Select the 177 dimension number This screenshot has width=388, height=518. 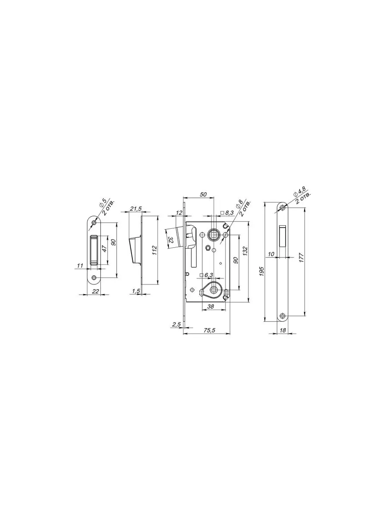(302, 257)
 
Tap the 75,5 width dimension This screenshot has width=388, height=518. (210, 330)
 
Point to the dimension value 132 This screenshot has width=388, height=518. (245, 251)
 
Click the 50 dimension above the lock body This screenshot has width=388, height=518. (203, 194)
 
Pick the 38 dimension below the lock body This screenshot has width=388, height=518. (210, 306)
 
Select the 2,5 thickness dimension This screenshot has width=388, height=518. (176, 325)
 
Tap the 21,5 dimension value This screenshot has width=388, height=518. (136, 208)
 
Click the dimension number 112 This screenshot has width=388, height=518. (154, 250)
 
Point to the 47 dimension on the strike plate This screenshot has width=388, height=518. (105, 248)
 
